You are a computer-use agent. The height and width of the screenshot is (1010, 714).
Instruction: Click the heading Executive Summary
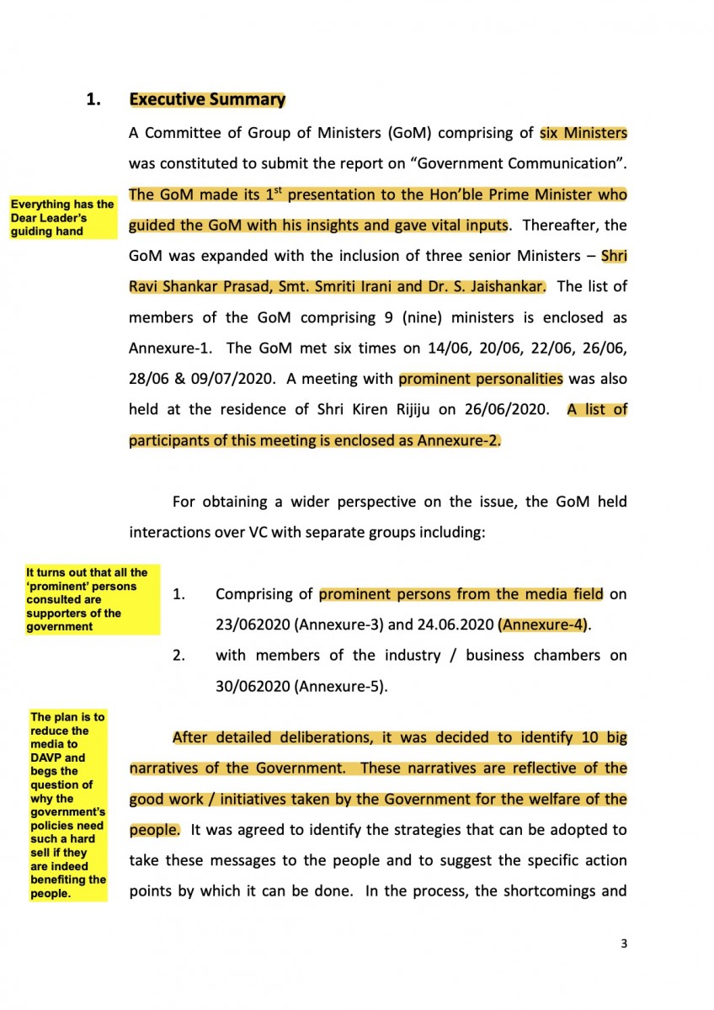pyautogui.click(x=207, y=99)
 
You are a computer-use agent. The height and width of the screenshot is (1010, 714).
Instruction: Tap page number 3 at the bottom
pyautogui.click(x=624, y=944)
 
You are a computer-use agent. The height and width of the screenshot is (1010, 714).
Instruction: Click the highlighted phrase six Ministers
pyautogui.click(x=583, y=133)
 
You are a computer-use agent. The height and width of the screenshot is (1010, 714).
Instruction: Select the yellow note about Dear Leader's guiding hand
pyautogui.click(x=62, y=218)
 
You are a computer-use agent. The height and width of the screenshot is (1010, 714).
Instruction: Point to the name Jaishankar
pyautogui.click(x=508, y=286)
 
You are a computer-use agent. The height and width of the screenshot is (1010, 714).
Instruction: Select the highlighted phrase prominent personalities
pyautogui.click(x=481, y=379)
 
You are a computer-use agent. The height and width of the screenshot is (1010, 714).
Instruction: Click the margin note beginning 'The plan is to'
pyautogui.click(x=68, y=805)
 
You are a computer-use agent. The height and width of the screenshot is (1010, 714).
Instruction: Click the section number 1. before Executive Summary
pyautogui.click(x=94, y=99)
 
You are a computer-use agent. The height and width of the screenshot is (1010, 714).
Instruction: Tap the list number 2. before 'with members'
pyautogui.click(x=178, y=656)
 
